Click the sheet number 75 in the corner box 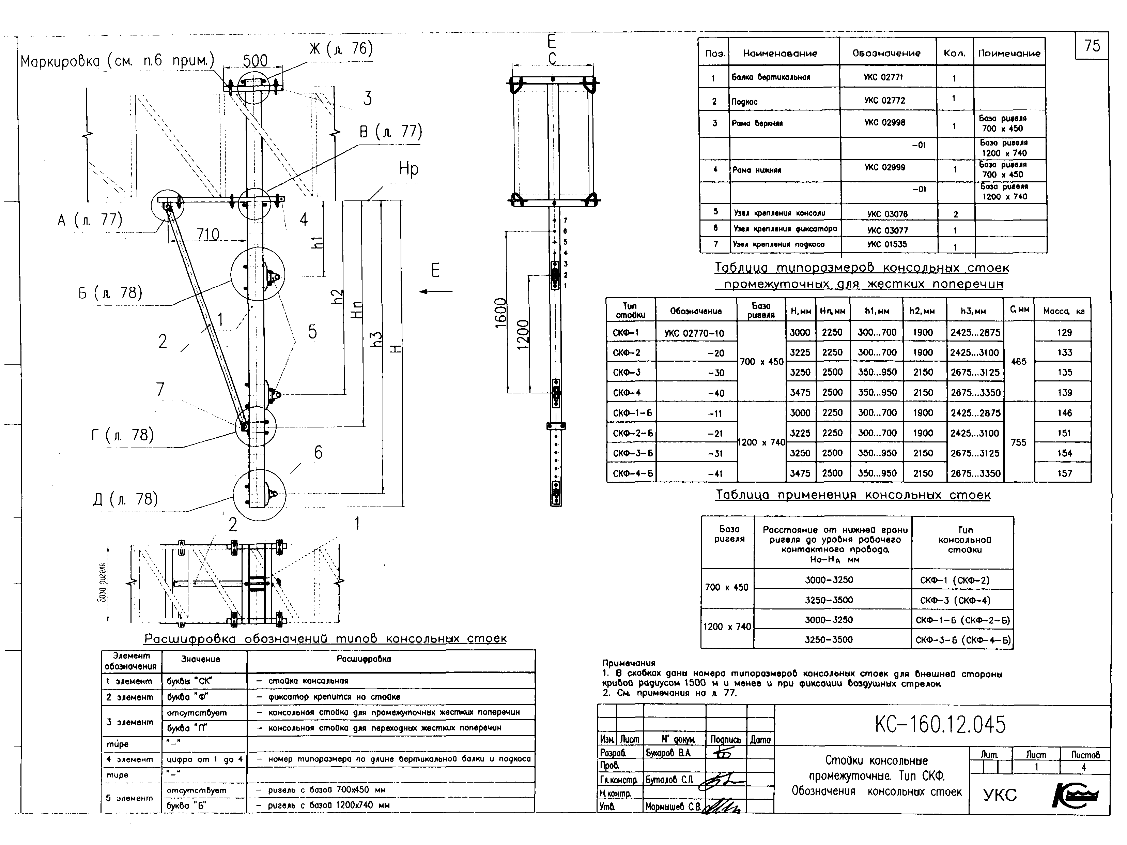pyautogui.click(x=1092, y=46)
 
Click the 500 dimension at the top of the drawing pyautogui.click(x=255, y=61)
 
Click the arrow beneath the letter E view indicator pyautogui.click(x=436, y=291)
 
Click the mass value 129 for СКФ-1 pyautogui.click(x=1064, y=333)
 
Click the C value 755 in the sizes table pyautogui.click(x=1018, y=442)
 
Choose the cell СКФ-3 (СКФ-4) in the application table pyautogui.click(x=955, y=600)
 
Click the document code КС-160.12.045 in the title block pyautogui.click(x=940, y=725)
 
